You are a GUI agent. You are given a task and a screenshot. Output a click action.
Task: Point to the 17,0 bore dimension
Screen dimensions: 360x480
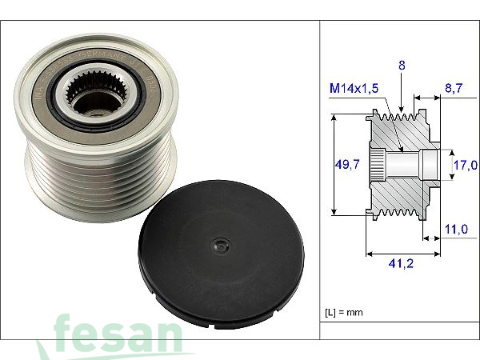tap(465, 166)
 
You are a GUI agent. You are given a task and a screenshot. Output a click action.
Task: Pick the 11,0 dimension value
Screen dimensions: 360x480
tap(458, 229)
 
